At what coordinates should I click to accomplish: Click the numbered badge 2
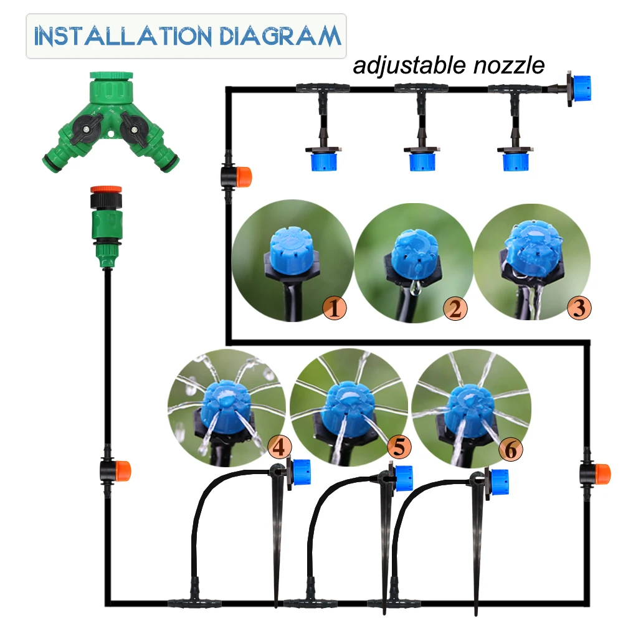pos(455,308)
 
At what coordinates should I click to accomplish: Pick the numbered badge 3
pos(578,307)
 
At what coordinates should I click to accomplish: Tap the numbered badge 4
pos(279,447)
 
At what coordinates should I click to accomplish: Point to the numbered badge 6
pos(510,449)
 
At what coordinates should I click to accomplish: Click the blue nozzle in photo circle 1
pos(287,245)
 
